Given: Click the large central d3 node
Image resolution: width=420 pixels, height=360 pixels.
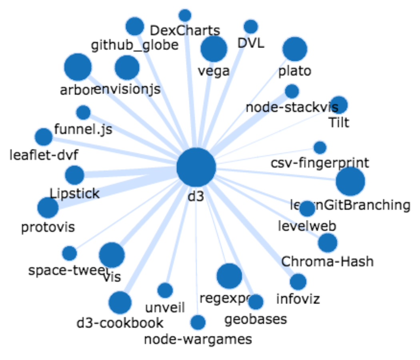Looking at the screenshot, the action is [196, 167].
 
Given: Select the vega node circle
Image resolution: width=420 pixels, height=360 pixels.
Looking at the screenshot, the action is [214, 49].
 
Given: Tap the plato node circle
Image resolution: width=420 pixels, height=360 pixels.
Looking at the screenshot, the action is [295, 49].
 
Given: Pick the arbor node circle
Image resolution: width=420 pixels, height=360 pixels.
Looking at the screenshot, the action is [78, 67].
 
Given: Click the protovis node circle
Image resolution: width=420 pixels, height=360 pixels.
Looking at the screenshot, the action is [48, 208].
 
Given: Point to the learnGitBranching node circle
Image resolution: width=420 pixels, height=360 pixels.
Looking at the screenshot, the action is [350, 181].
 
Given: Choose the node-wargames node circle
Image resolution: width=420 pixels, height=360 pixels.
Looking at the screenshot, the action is [198, 322].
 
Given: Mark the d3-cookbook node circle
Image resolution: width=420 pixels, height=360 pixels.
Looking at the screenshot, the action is [120, 303].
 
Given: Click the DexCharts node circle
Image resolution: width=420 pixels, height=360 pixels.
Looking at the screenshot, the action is [185, 15].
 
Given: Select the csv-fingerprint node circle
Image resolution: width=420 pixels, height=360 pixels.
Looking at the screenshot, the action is [320, 148].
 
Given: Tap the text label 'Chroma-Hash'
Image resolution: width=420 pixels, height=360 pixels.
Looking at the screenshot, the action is [327, 262].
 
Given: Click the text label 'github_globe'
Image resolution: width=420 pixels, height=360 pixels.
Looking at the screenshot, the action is [134, 45].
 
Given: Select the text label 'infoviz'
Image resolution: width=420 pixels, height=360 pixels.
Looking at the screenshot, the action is [298, 298].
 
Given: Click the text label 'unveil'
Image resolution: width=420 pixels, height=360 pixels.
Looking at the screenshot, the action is [165, 307].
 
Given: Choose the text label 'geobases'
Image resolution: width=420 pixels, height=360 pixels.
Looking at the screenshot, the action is [256, 319].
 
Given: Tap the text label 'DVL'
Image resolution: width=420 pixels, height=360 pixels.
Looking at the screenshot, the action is [251, 43].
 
